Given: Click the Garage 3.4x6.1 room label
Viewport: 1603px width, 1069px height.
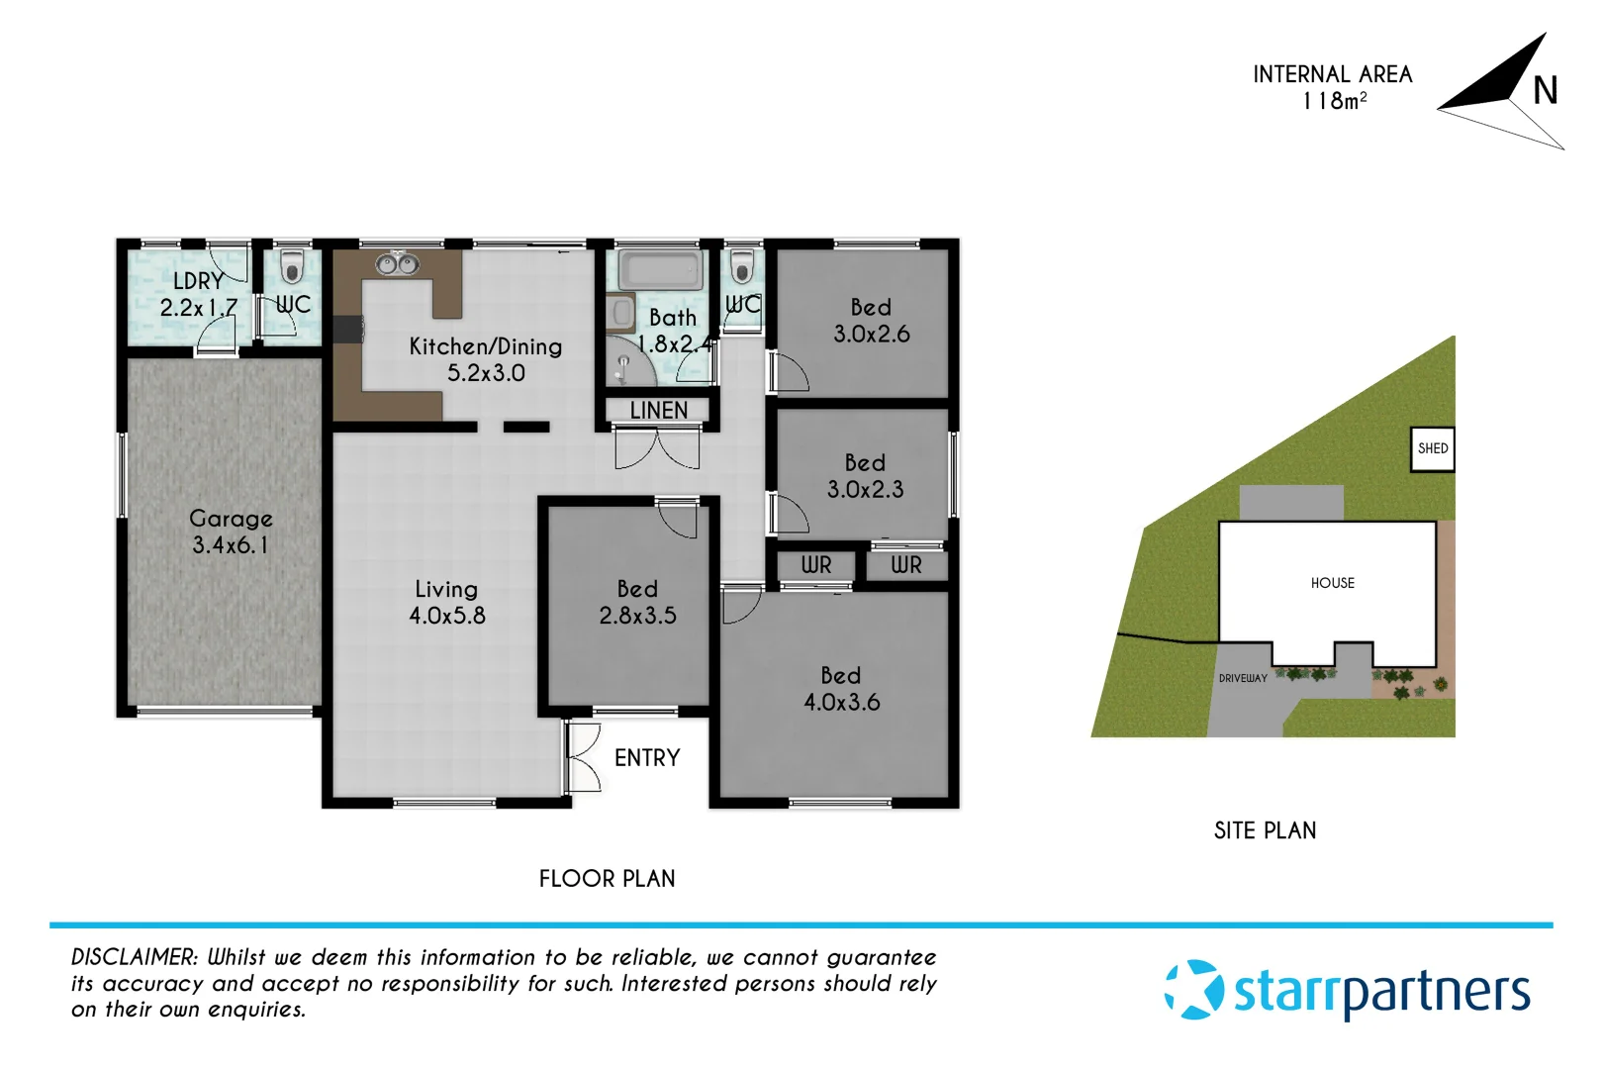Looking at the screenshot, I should tap(231, 532).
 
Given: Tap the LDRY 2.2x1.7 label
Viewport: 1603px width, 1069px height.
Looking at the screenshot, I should tap(199, 294).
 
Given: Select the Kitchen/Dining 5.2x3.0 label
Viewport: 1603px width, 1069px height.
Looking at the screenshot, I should tap(486, 359).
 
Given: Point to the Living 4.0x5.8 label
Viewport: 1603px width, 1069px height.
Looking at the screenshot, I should tap(447, 602).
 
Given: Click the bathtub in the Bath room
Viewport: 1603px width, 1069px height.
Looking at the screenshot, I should tap(660, 269).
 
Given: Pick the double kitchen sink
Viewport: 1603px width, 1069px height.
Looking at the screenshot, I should tap(397, 264).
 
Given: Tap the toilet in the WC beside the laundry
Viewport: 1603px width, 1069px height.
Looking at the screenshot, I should tap(291, 267).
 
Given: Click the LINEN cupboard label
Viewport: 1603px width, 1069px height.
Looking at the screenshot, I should tap(658, 410).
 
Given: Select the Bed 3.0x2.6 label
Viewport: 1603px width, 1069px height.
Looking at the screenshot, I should tap(871, 321).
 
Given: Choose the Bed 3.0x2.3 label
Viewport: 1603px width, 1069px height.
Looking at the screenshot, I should tap(865, 476).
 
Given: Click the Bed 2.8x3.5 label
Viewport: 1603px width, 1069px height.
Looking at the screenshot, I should tap(637, 602).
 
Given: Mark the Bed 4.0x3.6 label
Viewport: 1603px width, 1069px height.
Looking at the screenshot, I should tap(841, 689).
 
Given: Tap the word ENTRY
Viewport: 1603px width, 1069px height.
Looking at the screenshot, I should tap(647, 758).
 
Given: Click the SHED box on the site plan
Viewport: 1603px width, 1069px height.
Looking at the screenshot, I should tap(1432, 448).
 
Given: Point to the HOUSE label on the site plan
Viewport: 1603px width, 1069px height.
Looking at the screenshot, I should tap(1332, 583).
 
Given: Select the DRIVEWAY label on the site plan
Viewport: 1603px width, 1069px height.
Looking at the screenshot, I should tap(1243, 678).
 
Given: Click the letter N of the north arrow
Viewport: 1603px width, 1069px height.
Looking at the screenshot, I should tap(1545, 91).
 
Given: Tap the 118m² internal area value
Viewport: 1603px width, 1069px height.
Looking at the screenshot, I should tap(1334, 101).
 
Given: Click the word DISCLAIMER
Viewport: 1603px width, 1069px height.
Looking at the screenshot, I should tap(135, 957).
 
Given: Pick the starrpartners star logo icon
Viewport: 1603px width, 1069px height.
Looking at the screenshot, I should tap(1194, 990).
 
